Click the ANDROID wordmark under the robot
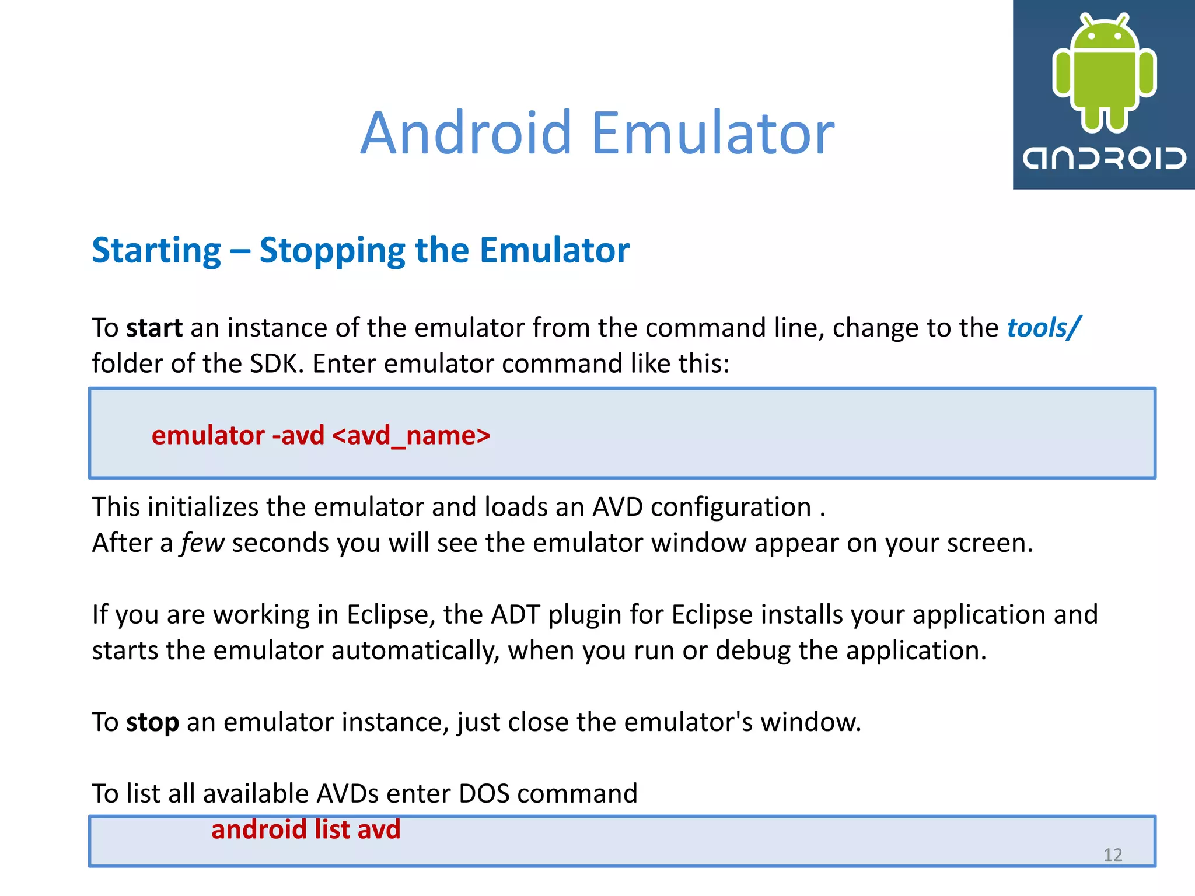[1104, 158]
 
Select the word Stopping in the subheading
[331, 251]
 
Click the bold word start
[155, 328]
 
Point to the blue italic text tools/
[1043, 328]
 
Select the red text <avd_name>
[411, 435]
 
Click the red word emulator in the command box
[208, 435]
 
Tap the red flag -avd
[298, 435]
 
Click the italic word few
[202, 543]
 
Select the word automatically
[415, 651]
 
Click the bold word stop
[153, 723]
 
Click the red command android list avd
[306, 829]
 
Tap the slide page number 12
[1113, 855]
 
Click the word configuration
[731, 508]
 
